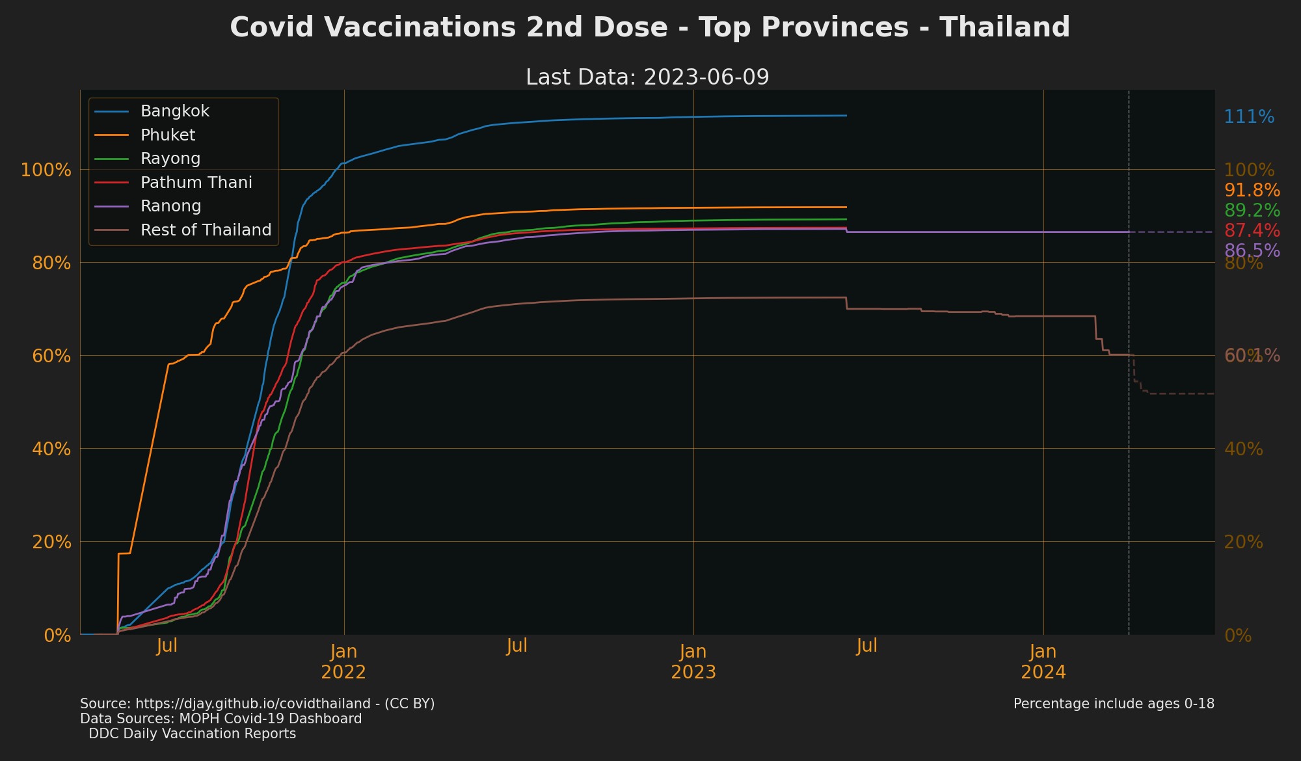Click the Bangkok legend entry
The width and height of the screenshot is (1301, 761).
coord(175,111)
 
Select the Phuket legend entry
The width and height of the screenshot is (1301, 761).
coord(168,135)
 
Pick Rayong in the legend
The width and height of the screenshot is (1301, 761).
coord(170,159)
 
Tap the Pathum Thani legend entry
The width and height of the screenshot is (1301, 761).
coord(196,183)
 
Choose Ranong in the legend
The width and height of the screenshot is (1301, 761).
coord(170,206)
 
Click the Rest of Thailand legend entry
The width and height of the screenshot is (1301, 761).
coord(206,230)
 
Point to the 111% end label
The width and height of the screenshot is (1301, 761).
coord(1249,117)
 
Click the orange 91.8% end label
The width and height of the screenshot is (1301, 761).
coord(1252,191)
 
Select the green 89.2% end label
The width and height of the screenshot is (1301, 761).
coord(1252,211)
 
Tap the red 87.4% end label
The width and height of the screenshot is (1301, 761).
coord(1252,231)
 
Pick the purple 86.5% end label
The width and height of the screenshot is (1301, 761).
coord(1252,251)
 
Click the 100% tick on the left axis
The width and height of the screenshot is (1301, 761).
coord(46,170)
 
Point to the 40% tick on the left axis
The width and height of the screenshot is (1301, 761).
coord(49,449)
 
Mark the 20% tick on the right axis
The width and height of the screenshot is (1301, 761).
coord(1243,542)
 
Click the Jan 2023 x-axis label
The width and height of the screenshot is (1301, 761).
coord(693,661)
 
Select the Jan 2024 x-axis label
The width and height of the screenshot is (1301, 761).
coord(1043,661)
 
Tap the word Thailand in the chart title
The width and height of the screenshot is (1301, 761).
coord(1004,27)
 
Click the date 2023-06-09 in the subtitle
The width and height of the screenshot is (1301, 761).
coord(706,77)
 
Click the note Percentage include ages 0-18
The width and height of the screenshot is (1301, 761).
coord(1114,704)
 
